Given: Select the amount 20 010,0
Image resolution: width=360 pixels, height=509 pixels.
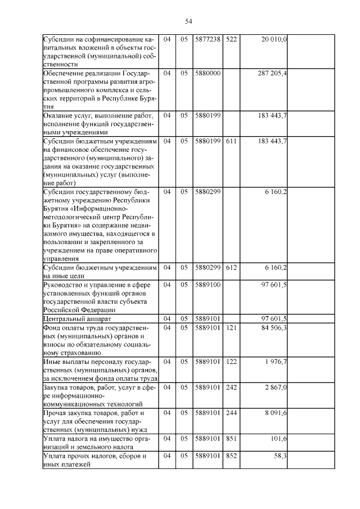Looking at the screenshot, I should (274, 39).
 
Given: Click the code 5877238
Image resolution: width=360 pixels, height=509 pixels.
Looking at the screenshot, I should (208, 39).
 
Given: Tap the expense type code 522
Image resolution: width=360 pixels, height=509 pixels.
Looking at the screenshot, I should (231, 39).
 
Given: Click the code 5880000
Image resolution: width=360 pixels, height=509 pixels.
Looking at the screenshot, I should (208, 74).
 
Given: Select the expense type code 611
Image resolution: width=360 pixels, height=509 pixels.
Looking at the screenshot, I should (231, 140).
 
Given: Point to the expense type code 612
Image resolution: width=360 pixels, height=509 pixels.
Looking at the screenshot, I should (231, 267).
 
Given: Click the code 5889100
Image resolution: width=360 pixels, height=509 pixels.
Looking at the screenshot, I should (208, 285).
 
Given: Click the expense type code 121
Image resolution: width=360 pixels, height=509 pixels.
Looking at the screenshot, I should (231, 328).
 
